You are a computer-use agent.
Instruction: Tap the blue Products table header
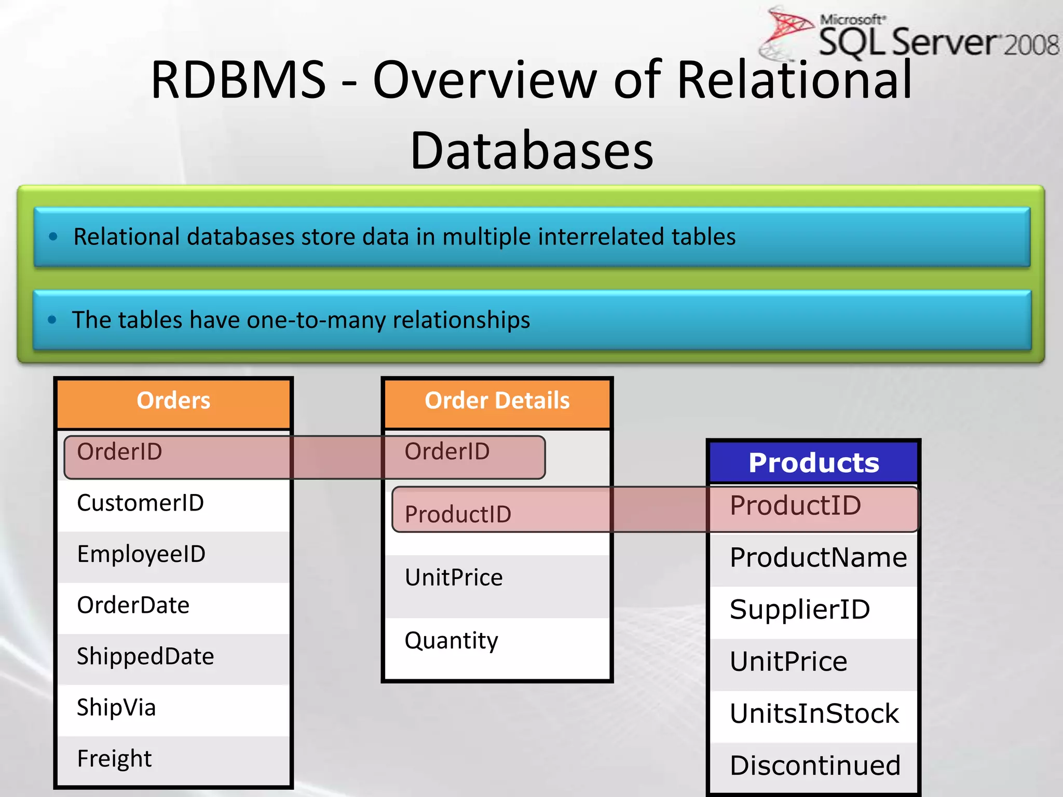click(813, 463)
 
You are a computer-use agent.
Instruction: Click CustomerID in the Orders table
click(140, 503)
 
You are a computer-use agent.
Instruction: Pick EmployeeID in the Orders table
click(141, 554)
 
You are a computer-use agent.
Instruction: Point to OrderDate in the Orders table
click(133, 606)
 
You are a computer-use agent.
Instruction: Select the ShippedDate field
click(145, 657)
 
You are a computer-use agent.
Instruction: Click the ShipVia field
click(116, 708)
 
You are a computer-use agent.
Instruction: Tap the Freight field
click(114, 759)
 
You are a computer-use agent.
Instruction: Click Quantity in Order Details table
click(451, 641)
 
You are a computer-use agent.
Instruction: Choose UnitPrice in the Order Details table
click(454, 578)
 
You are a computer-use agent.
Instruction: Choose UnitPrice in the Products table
click(788, 662)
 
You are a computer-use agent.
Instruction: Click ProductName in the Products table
click(818, 558)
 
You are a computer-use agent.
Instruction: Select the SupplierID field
click(799, 610)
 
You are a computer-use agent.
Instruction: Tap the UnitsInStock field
click(814, 714)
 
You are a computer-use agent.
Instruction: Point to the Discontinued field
click(815, 766)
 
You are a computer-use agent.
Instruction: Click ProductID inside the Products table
click(795, 506)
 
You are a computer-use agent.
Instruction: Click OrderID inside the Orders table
click(119, 452)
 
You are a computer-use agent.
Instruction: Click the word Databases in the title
click(531, 151)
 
